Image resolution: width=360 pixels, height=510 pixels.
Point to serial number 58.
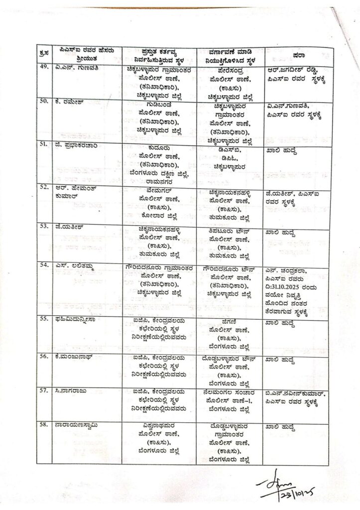(44, 426)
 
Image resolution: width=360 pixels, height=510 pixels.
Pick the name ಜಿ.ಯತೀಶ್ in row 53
(69, 225)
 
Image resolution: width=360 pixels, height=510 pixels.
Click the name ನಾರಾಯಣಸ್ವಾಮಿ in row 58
(76, 426)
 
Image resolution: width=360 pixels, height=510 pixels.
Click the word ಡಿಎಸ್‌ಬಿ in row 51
(229, 148)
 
